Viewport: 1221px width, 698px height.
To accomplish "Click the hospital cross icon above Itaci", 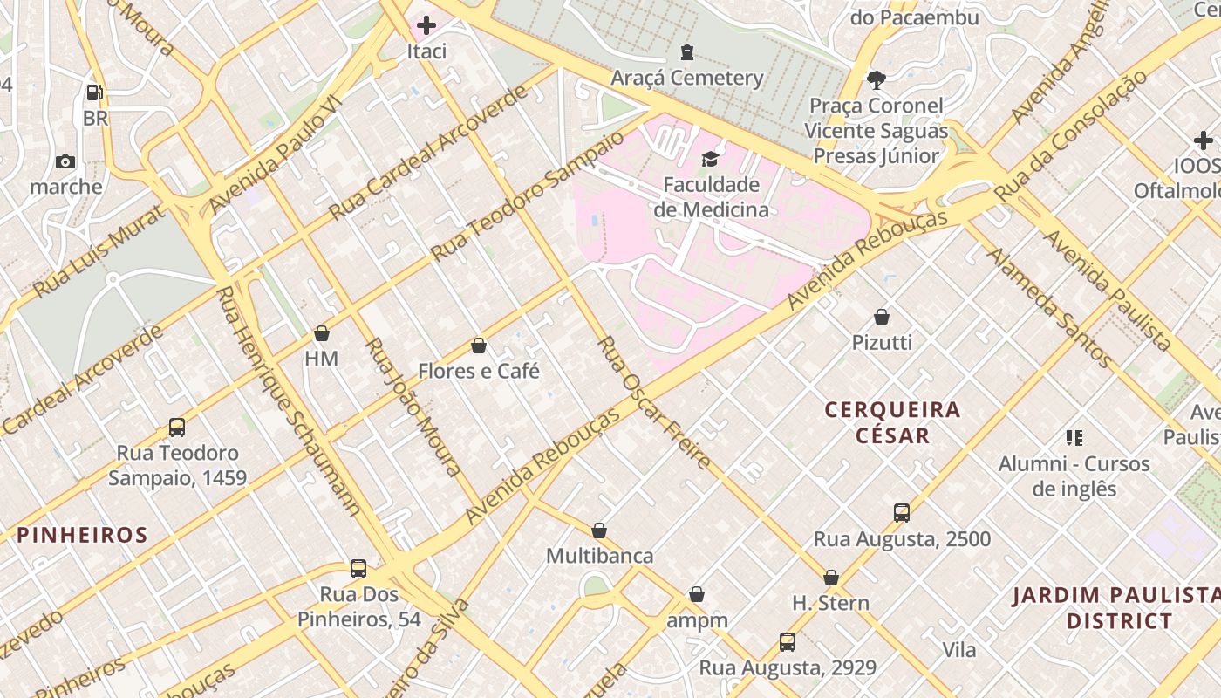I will coord(426,25).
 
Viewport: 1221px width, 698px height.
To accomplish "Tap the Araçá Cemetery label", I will coord(687,78).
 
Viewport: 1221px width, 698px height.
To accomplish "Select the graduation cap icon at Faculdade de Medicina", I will coord(711,159).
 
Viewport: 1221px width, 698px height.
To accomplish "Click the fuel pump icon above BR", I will coord(95,92).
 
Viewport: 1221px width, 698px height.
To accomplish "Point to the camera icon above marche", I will coord(65,161).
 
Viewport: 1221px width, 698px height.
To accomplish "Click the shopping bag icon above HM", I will coord(322,333).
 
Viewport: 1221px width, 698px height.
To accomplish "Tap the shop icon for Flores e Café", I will coord(478,346).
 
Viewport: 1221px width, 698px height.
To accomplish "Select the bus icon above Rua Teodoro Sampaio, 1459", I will coord(177,428).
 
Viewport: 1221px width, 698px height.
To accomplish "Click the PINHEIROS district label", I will coord(83,535).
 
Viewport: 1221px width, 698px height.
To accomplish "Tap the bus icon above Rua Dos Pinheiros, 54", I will coord(358,569).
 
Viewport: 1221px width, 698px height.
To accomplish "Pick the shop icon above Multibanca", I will coord(599,530).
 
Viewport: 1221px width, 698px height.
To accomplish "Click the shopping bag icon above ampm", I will coord(697,595).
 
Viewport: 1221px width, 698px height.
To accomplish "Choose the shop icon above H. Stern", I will coord(831,578).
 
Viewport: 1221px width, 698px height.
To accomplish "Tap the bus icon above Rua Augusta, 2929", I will coord(788,642).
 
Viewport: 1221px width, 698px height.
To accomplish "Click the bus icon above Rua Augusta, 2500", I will coord(902,513).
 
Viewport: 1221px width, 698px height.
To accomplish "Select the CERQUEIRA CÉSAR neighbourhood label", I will coord(892,421).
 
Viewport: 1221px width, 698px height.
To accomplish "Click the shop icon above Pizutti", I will coord(882,317).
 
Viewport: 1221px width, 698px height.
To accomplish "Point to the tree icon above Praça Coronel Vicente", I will coord(877,80).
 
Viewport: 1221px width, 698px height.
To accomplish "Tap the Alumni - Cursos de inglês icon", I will coord(1074,437).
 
